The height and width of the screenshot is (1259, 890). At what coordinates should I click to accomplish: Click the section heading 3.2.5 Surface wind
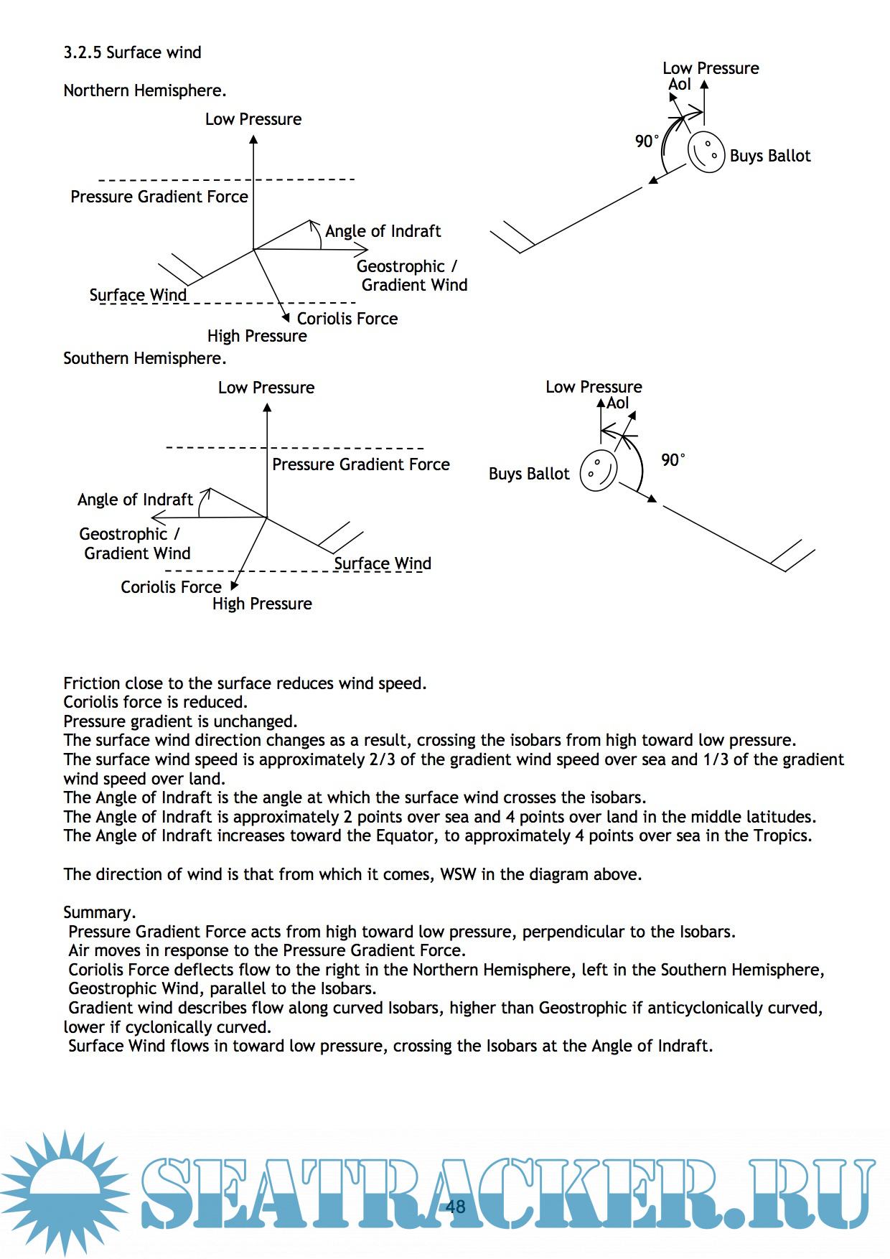132,52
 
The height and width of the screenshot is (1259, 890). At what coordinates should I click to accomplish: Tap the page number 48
455,1206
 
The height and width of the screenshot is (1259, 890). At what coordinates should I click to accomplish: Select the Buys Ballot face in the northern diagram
706,151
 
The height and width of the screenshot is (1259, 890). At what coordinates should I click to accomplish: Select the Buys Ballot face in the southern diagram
599,470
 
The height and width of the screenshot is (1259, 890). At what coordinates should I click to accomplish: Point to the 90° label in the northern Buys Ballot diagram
646,141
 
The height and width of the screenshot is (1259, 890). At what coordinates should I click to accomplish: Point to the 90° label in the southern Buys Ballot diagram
673,459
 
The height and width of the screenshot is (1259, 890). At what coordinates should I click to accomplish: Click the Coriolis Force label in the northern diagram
347,319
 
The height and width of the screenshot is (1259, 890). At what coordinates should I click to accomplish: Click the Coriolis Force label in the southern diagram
171,587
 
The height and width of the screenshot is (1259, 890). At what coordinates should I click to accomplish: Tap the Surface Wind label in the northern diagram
138,295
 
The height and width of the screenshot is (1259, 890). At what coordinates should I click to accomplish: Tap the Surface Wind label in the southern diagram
382,563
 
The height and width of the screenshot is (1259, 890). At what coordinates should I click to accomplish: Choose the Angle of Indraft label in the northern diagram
383,231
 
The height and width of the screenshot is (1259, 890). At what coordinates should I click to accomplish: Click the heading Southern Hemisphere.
144,358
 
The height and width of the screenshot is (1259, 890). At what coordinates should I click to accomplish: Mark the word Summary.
99,912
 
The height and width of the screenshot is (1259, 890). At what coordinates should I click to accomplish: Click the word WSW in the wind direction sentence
458,874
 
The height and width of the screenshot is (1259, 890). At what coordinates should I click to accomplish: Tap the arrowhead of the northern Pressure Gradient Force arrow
253,139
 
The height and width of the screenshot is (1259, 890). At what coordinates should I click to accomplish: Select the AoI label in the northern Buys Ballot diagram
679,85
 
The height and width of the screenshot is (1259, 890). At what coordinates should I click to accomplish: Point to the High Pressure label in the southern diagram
262,604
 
